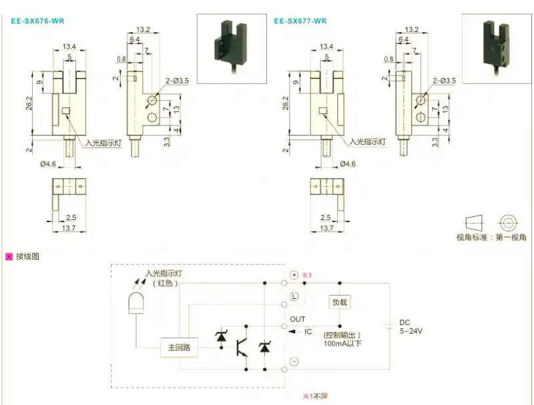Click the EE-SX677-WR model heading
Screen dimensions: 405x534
coord(300,21)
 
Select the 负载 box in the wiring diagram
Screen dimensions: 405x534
coord(340,302)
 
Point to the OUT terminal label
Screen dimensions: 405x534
coord(297,320)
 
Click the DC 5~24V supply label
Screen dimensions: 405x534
coord(411,326)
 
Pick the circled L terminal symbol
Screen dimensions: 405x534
coord(294,296)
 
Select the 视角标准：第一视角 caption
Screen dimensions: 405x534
coord(491,238)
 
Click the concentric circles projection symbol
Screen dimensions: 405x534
coord(509,222)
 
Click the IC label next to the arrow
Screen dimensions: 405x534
coord(308,332)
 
